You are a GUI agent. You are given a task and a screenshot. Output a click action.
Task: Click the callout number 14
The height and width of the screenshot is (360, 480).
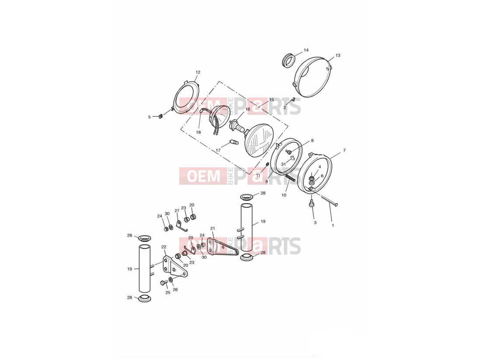(x=306, y=50)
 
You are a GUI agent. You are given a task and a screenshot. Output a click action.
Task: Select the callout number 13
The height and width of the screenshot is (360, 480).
(x=337, y=55)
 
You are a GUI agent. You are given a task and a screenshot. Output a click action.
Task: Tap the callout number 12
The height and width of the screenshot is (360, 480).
(x=198, y=73)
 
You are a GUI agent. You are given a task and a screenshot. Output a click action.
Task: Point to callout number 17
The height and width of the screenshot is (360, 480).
(x=218, y=150)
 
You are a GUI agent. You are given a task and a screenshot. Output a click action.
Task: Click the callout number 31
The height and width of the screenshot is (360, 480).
(x=283, y=164)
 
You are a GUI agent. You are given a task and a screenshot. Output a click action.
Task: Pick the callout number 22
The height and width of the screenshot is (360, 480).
(x=163, y=247)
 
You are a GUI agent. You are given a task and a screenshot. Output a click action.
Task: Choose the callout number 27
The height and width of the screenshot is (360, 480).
(x=177, y=211)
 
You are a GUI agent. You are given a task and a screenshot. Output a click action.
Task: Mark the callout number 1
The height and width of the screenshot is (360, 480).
(x=333, y=225)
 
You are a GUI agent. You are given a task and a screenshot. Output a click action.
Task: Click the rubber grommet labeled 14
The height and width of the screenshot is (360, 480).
(x=288, y=60)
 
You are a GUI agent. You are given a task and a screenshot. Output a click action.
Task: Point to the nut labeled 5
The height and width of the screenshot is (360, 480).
(x=160, y=116)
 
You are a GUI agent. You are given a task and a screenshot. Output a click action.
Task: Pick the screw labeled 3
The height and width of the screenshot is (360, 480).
(x=311, y=204)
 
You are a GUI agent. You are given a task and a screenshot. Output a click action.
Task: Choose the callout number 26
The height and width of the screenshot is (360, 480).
(x=175, y=290)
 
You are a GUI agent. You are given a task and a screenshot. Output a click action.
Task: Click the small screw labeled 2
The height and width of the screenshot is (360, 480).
(x=293, y=100)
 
